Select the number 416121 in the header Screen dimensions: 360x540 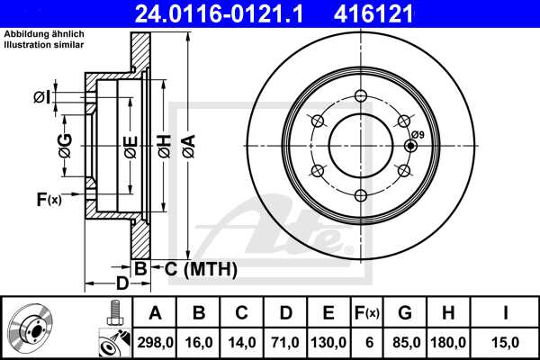click(411, 13)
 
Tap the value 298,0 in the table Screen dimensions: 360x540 click(155, 341)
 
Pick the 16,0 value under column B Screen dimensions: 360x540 click(199, 341)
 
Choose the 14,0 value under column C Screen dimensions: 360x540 click(241, 341)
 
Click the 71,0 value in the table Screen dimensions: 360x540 click(284, 341)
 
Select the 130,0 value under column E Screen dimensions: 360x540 click(328, 341)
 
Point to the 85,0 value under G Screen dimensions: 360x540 click(405, 341)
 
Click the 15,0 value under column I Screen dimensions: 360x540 click(505, 341)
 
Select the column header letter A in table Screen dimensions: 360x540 click(155, 313)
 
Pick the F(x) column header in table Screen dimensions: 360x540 click(366, 313)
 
